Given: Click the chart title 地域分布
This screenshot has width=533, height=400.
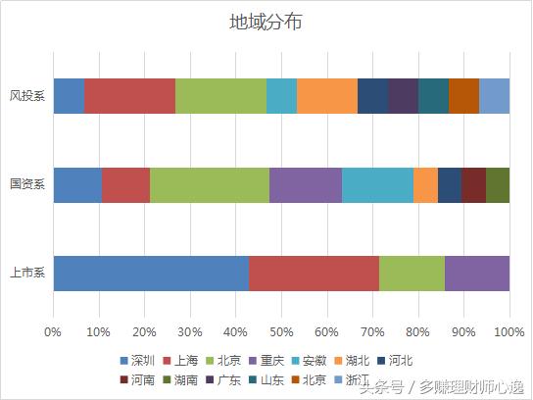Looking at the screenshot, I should point(265,23).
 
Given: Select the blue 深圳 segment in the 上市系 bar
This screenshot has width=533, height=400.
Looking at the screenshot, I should point(151,273).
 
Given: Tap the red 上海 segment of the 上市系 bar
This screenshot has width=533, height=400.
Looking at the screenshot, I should point(314,273).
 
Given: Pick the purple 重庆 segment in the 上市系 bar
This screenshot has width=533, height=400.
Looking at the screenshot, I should point(477,273).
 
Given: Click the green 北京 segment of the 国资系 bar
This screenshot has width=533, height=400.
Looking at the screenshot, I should point(209,184).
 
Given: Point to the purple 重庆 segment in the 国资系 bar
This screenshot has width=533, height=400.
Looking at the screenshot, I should point(306,184).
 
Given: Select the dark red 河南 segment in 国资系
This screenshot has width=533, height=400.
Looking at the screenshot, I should point(473,184).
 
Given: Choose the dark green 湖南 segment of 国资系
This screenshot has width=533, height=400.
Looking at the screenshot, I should point(498,184).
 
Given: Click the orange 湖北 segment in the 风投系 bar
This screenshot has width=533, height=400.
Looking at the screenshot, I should point(327,96).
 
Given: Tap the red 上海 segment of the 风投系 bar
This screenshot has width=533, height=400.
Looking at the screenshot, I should point(129,96).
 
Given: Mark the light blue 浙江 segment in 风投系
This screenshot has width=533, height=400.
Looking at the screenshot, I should point(495,96).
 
